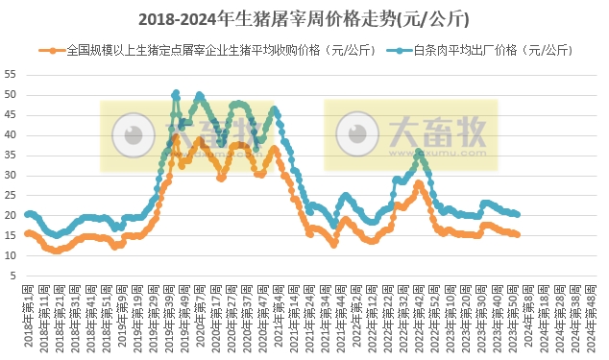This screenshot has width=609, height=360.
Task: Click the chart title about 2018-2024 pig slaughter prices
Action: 304,17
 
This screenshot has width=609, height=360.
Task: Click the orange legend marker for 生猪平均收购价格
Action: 46,49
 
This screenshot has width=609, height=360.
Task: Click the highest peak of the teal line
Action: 176,93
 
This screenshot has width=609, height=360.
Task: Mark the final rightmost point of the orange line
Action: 518,234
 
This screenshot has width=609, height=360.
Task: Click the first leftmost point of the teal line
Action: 27,214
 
